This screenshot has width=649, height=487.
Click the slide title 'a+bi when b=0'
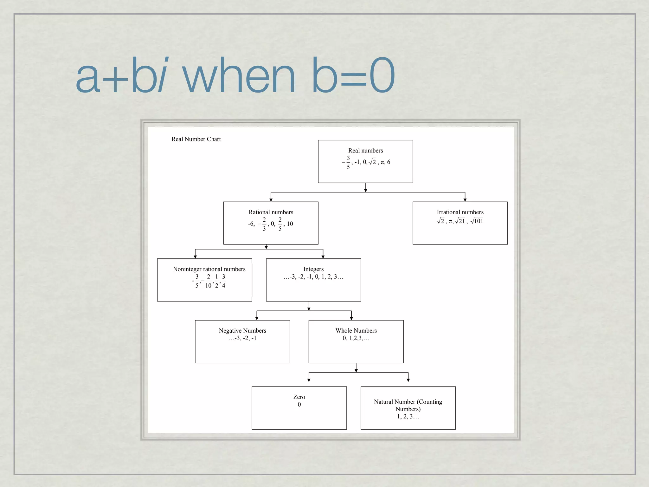point(235,75)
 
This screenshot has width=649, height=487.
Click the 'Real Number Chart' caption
point(196,139)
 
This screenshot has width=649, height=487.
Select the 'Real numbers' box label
point(365,151)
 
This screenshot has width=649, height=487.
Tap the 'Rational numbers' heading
point(271,212)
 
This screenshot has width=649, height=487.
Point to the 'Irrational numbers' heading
point(460,212)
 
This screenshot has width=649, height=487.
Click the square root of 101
point(477,221)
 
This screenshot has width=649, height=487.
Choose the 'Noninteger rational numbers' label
point(209,269)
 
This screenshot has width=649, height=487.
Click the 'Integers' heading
point(313,269)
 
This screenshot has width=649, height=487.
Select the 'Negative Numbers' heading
point(242,331)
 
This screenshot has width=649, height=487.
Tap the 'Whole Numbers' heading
point(356,331)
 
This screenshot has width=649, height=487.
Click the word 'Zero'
point(299,397)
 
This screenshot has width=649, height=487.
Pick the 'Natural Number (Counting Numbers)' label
point(408,405)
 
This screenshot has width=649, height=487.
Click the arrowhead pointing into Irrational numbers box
point(465,200)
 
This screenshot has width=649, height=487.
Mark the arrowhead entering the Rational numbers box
point(271,200)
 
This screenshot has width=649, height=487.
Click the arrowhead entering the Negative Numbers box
point(257,318)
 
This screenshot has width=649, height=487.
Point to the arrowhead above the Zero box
point(309,380)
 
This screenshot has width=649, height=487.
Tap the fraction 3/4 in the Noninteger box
point(223,281)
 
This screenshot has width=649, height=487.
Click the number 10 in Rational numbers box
point(290,224)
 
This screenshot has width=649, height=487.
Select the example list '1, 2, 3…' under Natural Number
point(408,417)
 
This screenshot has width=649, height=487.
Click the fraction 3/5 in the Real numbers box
point(348,162)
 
